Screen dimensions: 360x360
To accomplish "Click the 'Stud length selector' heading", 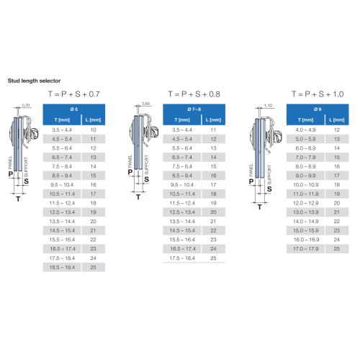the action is coord(34,81).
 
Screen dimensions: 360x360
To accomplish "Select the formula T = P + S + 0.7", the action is coord(74,94).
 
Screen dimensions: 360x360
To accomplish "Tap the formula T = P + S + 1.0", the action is coord(318,94).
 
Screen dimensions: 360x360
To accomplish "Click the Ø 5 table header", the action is coord(74,109).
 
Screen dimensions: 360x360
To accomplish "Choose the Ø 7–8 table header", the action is coord(194,109).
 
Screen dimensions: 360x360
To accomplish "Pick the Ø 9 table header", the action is coord(318,109).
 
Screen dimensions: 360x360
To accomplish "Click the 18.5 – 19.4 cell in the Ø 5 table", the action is coord(62,267).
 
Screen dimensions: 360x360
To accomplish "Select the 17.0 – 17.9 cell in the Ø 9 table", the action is coord(305,249).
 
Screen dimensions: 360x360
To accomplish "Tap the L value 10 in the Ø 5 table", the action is coord(93,130).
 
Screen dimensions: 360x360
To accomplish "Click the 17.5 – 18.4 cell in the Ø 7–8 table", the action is coord(182,258).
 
